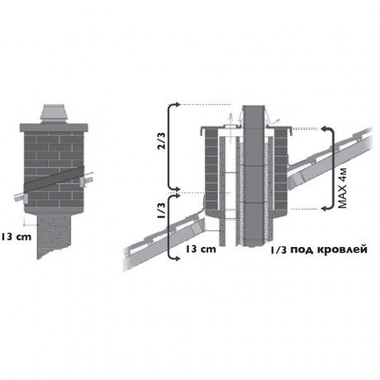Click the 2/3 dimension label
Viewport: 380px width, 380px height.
click(x=163, y=142)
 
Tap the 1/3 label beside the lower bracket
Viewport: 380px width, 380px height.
click(x=162, y=210)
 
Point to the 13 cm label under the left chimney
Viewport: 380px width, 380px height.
click(x=16, y=236)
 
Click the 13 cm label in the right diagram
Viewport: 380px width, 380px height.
click(x=200, y=249)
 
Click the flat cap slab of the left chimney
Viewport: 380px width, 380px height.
click(x=54, y=128)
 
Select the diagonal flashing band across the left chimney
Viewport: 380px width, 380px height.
click(x=55, y=179)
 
